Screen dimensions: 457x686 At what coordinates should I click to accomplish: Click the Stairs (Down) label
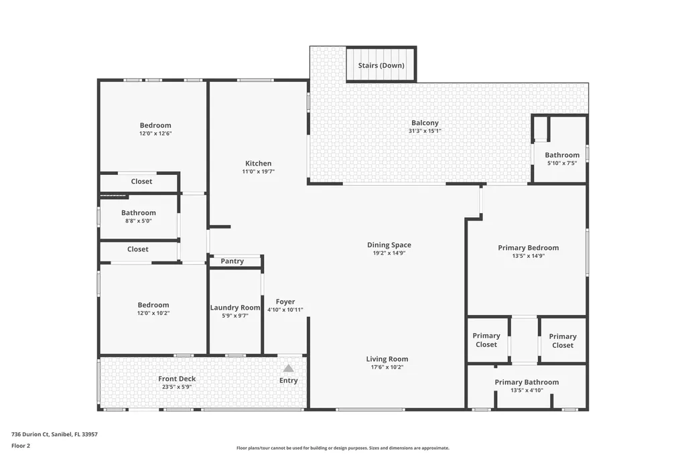pos(380,66)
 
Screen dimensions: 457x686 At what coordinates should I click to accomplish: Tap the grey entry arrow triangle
pos(288,368)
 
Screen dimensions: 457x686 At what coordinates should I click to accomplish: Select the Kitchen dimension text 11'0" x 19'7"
pos(259,172)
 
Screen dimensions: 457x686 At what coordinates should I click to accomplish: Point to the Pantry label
pos(232,261)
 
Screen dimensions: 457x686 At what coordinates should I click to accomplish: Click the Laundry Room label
pos(234,308)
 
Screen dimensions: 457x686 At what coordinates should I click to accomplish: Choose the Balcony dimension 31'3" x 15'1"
pos(425,131)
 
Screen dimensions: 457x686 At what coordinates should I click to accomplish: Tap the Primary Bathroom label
pos(527,382)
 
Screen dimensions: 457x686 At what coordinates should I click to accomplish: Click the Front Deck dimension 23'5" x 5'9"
pos(177,387)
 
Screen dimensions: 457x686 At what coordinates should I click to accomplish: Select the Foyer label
pos(285,302)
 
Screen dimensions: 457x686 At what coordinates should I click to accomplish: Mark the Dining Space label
pos(389,245)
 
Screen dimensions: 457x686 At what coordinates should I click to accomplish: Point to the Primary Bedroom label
pos(528,247)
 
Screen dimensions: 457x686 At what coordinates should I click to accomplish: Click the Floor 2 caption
pos(21,445)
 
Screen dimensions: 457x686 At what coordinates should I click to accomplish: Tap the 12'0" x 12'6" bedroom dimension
pos(155,133)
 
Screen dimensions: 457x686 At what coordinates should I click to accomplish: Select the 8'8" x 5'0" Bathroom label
pos(139,213)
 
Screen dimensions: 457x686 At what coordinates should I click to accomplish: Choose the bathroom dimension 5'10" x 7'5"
pos(562,163)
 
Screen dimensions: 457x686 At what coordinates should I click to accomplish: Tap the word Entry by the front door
pos(288,381)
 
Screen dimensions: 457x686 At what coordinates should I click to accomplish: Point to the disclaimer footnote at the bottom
pos(342,448)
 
